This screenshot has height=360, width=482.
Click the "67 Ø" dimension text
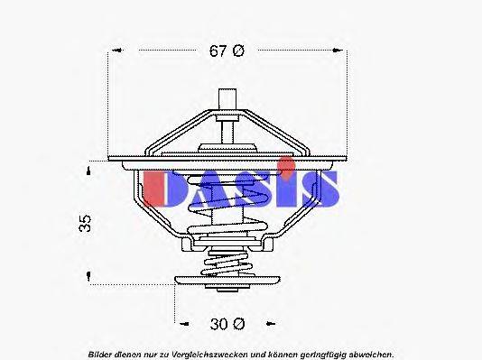pos(227,51)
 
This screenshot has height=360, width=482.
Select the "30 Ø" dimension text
pos(227,322)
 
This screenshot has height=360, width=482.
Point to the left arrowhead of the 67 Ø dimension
pos(113,51)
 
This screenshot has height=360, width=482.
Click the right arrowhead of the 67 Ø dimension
pos(343,51)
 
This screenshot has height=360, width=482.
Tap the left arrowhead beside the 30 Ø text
pos(179,322)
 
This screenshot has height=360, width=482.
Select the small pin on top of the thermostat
pos(228,99)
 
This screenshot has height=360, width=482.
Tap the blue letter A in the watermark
pos(209,188)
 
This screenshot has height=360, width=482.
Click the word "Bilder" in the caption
pos(100,354)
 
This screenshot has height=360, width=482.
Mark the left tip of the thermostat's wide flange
pos(110,161)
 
